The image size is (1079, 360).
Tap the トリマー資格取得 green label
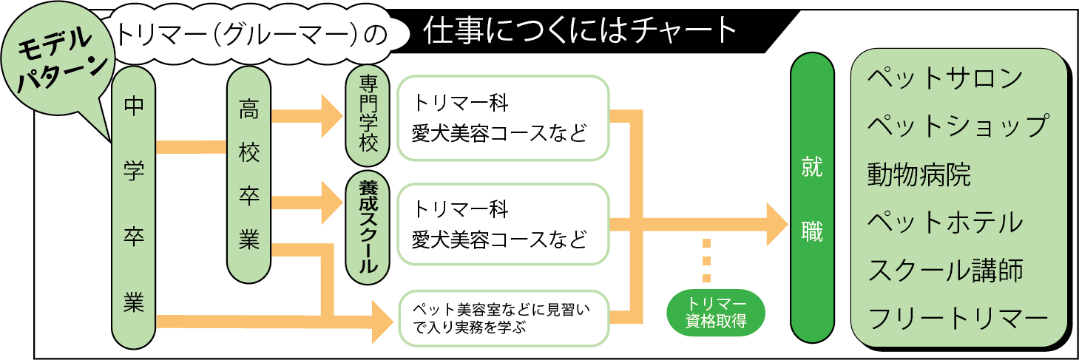click(717, 313)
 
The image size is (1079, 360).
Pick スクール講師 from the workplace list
click(946, 271)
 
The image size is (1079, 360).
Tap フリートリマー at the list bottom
click(958, 319)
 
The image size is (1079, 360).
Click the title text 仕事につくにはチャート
click(581, 31)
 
